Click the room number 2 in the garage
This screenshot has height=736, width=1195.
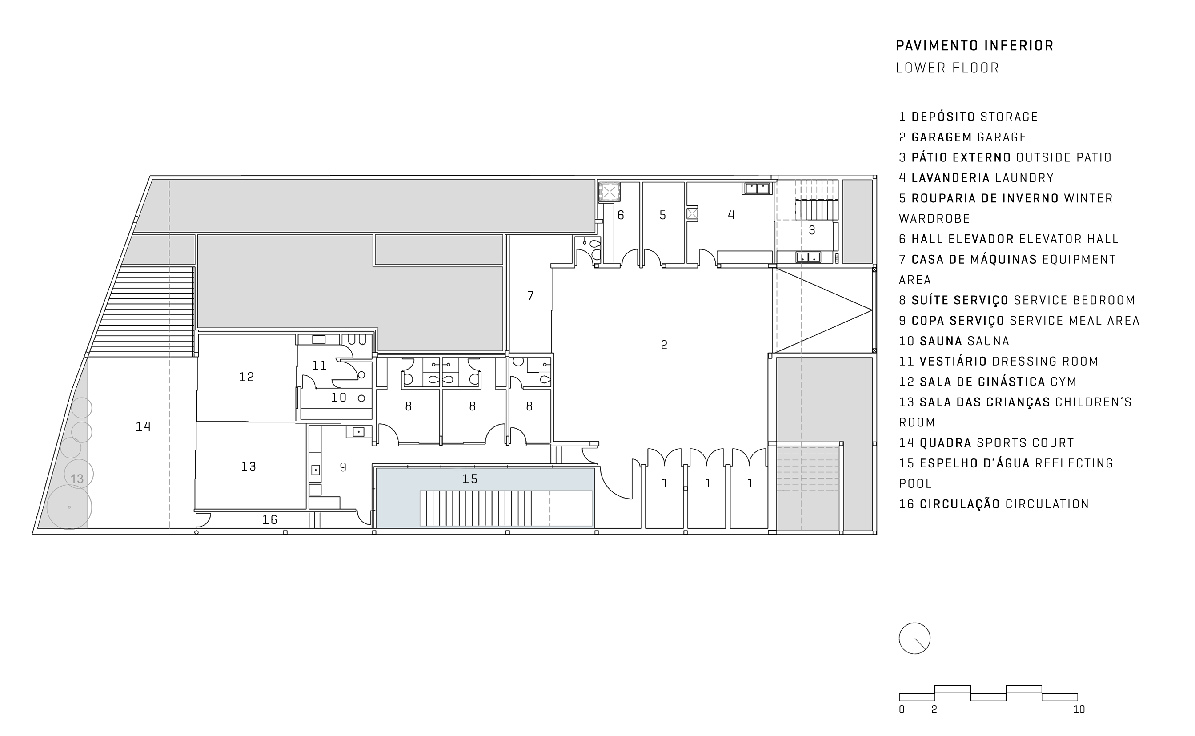tap(664, 345)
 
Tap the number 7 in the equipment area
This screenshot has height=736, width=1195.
tap(530, 295)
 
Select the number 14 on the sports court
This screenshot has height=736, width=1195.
tap(143, 427)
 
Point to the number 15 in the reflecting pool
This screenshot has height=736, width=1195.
tap(470, 479)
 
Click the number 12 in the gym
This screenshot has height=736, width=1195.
tap(246, 377)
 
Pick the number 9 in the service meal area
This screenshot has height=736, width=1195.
tap(343, 467)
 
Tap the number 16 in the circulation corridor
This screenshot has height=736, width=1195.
tap(269, 520)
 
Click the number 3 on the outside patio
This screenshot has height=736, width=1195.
tap(812, 230)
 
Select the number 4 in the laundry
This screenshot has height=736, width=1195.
tap(731, 215)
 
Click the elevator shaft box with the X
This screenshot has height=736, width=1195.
tap(609, 192)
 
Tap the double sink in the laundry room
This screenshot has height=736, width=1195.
tap(757, 188)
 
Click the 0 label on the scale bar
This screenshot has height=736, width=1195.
tap(902, 710)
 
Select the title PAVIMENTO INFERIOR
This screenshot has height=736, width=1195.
tap(974, 46)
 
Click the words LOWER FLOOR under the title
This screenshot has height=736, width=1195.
tap(947, 68)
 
